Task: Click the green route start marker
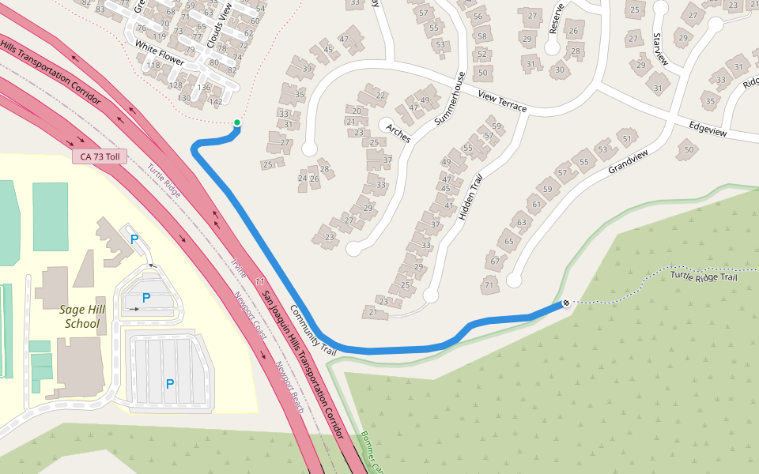coord(236,122)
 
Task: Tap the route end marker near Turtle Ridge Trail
coord(566,303)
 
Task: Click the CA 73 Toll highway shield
coord(100,157)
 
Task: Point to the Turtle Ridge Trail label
coord(704,276)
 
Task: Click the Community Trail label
coord(313,330)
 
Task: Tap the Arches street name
coord(398,134)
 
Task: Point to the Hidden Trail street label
coord(470,202)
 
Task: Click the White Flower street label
coord(159,53)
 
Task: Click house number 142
coord(216,102)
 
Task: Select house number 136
coord(204,88)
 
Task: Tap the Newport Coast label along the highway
coord(249,317)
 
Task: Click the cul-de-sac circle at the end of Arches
coord(386,126)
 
